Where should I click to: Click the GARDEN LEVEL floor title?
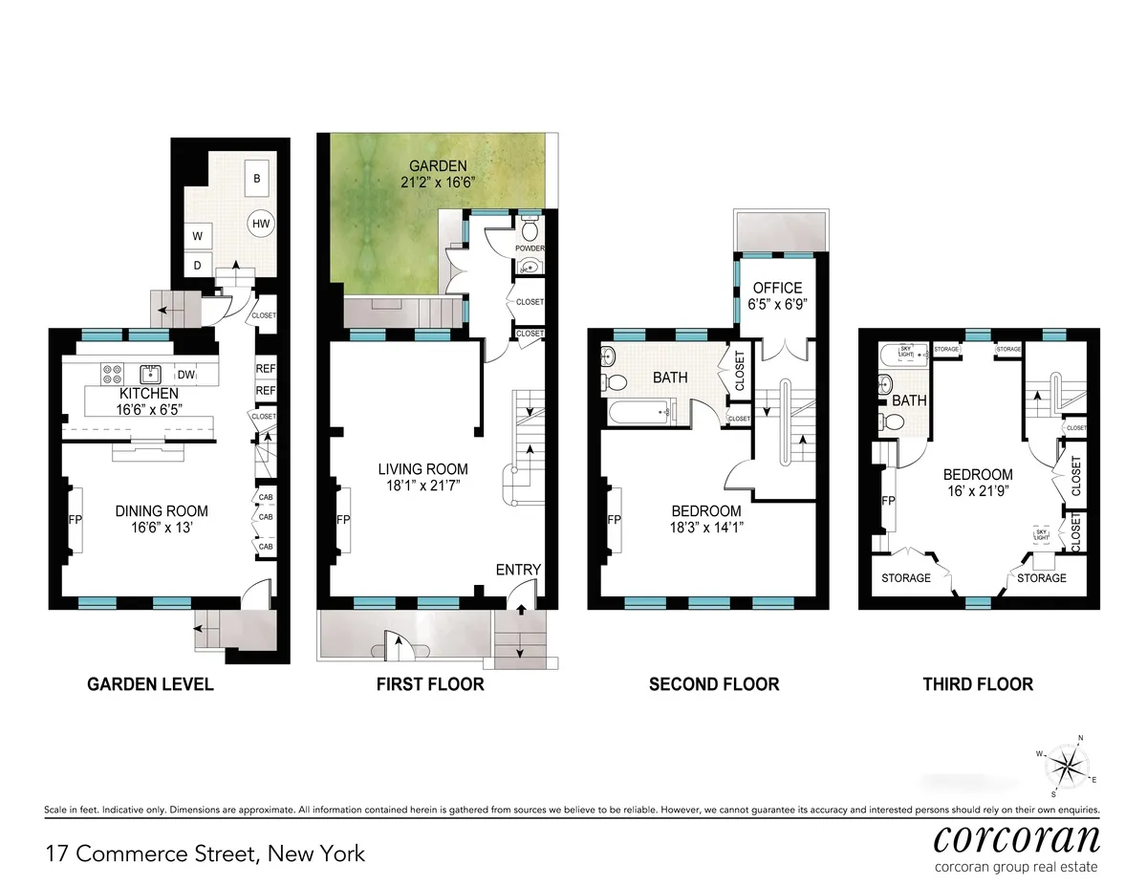click(x=150, y=684)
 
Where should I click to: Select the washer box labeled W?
click(x=198, y=236)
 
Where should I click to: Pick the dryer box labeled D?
click(x=198, y=266)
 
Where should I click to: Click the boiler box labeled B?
click(x=256, y=178)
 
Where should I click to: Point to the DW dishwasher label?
click(x=185, y=376)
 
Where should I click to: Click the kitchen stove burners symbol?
click(x=112, y=374)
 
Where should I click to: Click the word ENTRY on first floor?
click(x=518, y=570)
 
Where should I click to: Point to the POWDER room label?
click(x=530, y=249)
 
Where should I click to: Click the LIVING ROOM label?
click(x=422, y=468)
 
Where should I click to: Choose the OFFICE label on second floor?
click(x=777, y=288)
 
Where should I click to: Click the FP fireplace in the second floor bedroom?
click(x=614, y=520)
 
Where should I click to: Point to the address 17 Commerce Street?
click(x=205, y=853)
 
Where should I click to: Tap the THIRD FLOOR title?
click(x=977, y=684)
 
